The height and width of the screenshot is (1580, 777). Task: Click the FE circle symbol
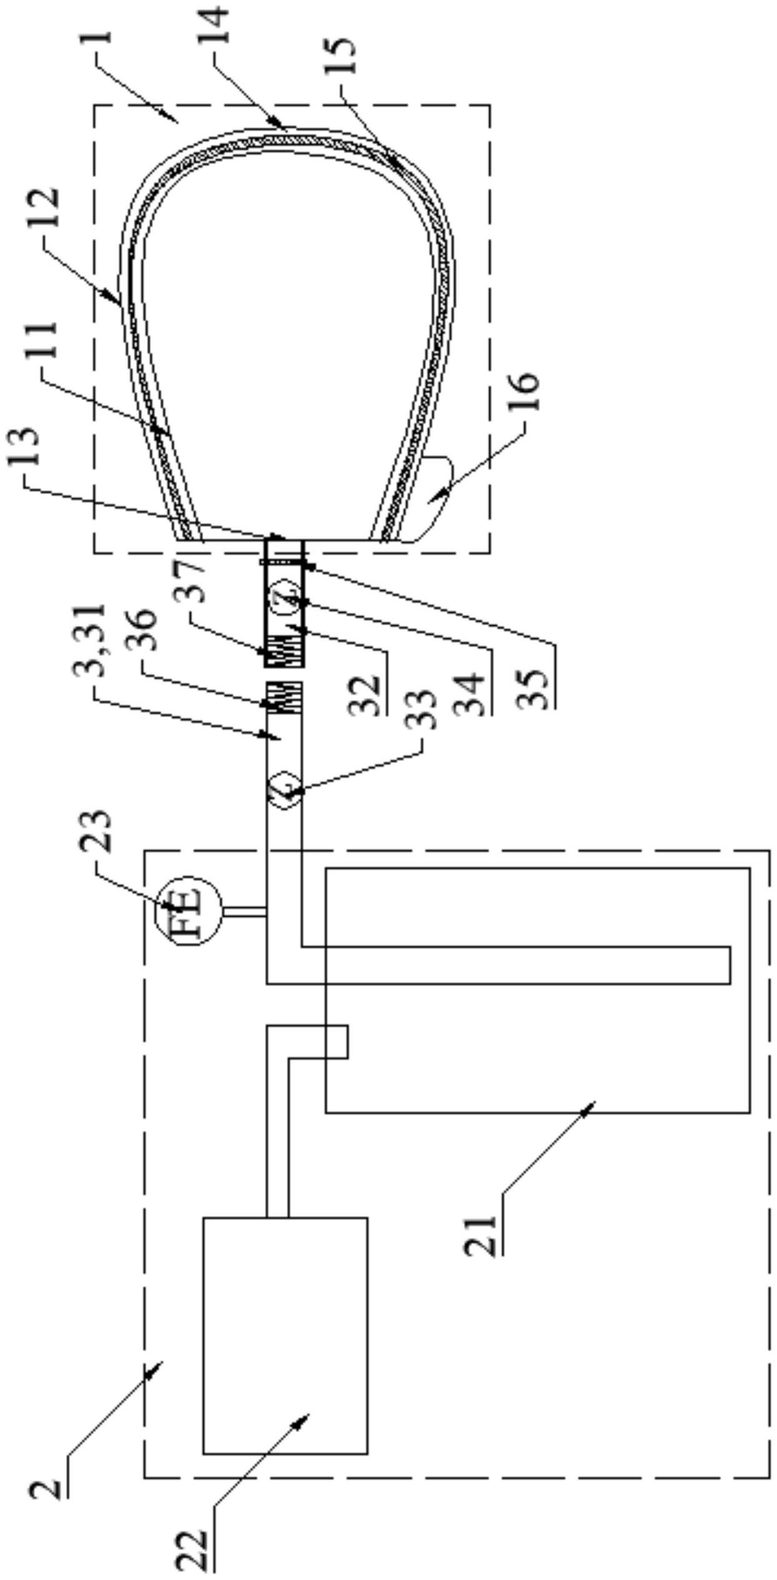pyautogui.click(x=188, y=910)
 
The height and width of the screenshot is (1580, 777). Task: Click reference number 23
pyautogui.click(x=95, y=831)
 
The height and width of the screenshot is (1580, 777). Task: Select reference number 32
pyautogui.click(x=366, y=693)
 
